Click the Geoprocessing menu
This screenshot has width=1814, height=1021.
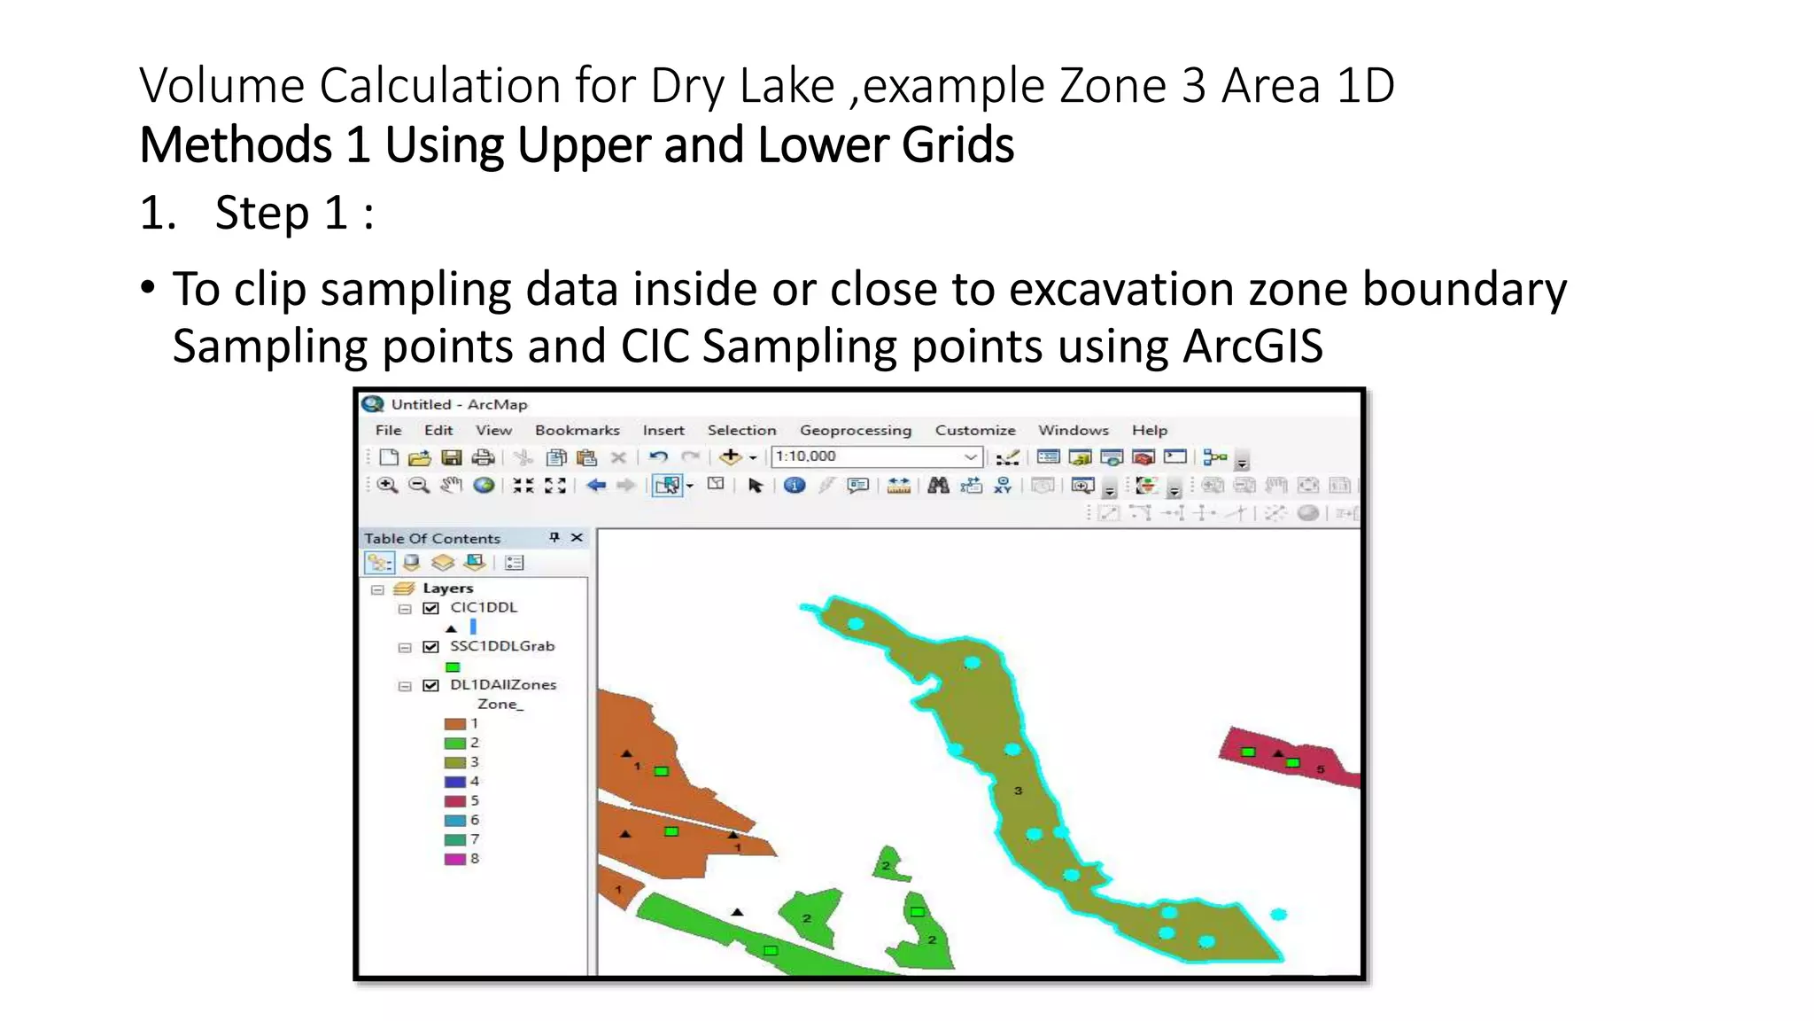tap(855, 430)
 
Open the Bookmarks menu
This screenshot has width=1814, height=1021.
tap(577, 430)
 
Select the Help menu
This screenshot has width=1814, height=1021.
tap(1149, 430)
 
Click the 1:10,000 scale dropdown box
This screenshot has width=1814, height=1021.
tap(875, 456)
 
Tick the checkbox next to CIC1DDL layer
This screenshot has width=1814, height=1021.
tap(431, 608)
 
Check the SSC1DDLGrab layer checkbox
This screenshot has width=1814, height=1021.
tap(431, 647)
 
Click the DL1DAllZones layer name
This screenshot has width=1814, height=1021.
tap(502, 684)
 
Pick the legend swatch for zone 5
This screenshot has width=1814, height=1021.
tap(454, 801)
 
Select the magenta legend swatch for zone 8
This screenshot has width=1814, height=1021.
tap(454, 859)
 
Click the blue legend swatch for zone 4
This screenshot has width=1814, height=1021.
tap(454, 782)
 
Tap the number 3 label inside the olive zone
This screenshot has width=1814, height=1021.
tap(1018, 791)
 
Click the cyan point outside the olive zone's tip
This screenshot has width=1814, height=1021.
tap(1278, 914)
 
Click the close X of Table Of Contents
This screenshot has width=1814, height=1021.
tap(577, 538)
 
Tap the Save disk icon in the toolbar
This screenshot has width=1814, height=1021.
tap(452, 457)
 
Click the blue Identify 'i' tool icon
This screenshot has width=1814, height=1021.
tap(795, 485)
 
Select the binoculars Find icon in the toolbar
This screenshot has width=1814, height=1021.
tap(938, 485)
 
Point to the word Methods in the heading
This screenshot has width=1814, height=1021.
tap(236, 145)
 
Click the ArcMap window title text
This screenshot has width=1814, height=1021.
tap(459, 404)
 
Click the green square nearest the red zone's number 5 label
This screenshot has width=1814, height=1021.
tap(1293, 763)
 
